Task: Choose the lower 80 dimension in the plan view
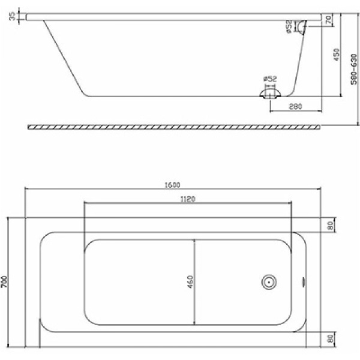tap(329, 339)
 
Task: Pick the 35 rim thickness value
tap(12, 16)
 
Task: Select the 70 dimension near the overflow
tap(328, 20)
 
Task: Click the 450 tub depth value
tap(336, 55)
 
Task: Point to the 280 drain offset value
tap(294, 107)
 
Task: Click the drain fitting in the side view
tap(269, 93)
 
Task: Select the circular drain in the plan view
tap(268, 281)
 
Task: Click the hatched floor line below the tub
tap(174, 127)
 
